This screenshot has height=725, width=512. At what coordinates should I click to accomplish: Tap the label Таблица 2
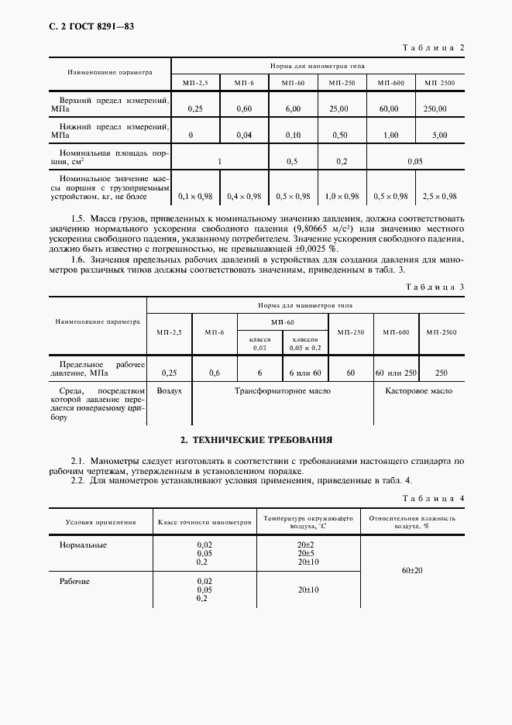434,48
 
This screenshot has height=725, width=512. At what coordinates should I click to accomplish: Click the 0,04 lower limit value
244,135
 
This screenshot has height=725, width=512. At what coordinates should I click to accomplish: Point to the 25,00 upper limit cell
338,108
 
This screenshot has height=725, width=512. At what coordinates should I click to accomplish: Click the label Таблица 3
434,287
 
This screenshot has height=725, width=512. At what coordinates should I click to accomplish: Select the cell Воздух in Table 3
169,391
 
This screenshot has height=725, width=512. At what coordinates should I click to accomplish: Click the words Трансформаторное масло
283,391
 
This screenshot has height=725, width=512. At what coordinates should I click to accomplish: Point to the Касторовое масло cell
419,391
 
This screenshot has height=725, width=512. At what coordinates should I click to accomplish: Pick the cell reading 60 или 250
396,373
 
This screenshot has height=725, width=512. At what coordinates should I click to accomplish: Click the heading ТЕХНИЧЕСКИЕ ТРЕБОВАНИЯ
256,440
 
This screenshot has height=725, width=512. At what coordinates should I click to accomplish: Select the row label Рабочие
74,581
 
